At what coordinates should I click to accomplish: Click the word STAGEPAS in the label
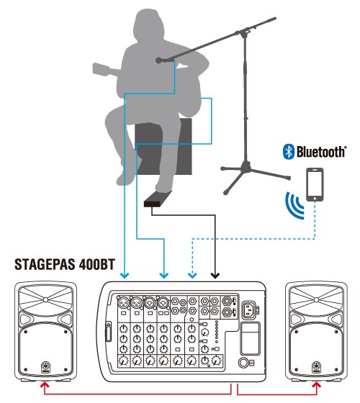pos(45,264)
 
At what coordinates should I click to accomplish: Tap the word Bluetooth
pos(321,151)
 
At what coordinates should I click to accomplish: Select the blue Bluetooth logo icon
pos(289,151)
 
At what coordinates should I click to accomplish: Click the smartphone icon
pos(315,184)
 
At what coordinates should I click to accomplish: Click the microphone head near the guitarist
pos(159,60)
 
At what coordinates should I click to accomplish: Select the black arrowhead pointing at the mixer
pos(215,276)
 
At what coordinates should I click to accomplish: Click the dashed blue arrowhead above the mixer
pos(192,276)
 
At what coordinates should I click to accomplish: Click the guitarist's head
pos(148,26)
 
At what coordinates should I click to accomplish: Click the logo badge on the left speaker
pos(45,367)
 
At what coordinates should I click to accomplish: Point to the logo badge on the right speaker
pos(317,367)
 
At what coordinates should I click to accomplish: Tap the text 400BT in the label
pos(97,264)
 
